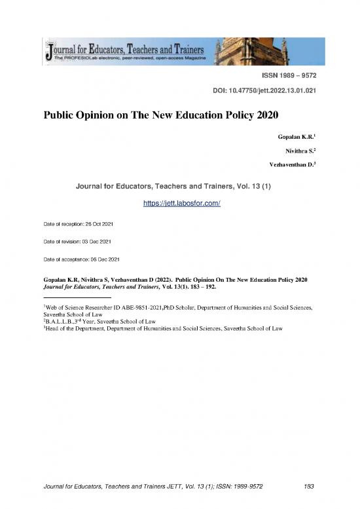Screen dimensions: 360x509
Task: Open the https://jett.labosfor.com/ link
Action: tap(181, 204)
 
